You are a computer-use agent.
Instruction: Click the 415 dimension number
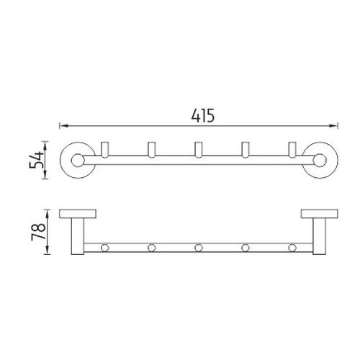click(203, 116)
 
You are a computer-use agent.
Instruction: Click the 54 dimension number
click(37, 160)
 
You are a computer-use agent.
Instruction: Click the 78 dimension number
click(38, 232)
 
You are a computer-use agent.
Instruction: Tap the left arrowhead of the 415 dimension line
click(64, 125)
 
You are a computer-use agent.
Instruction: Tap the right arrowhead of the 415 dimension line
click(333, 125)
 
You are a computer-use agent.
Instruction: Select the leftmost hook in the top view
click(105, 150)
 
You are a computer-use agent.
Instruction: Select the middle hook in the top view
click(199, 150)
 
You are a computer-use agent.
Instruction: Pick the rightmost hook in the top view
click(292, 150)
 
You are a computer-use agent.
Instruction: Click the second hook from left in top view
click(152, 150)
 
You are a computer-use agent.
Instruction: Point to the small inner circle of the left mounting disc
click(78, 161)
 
